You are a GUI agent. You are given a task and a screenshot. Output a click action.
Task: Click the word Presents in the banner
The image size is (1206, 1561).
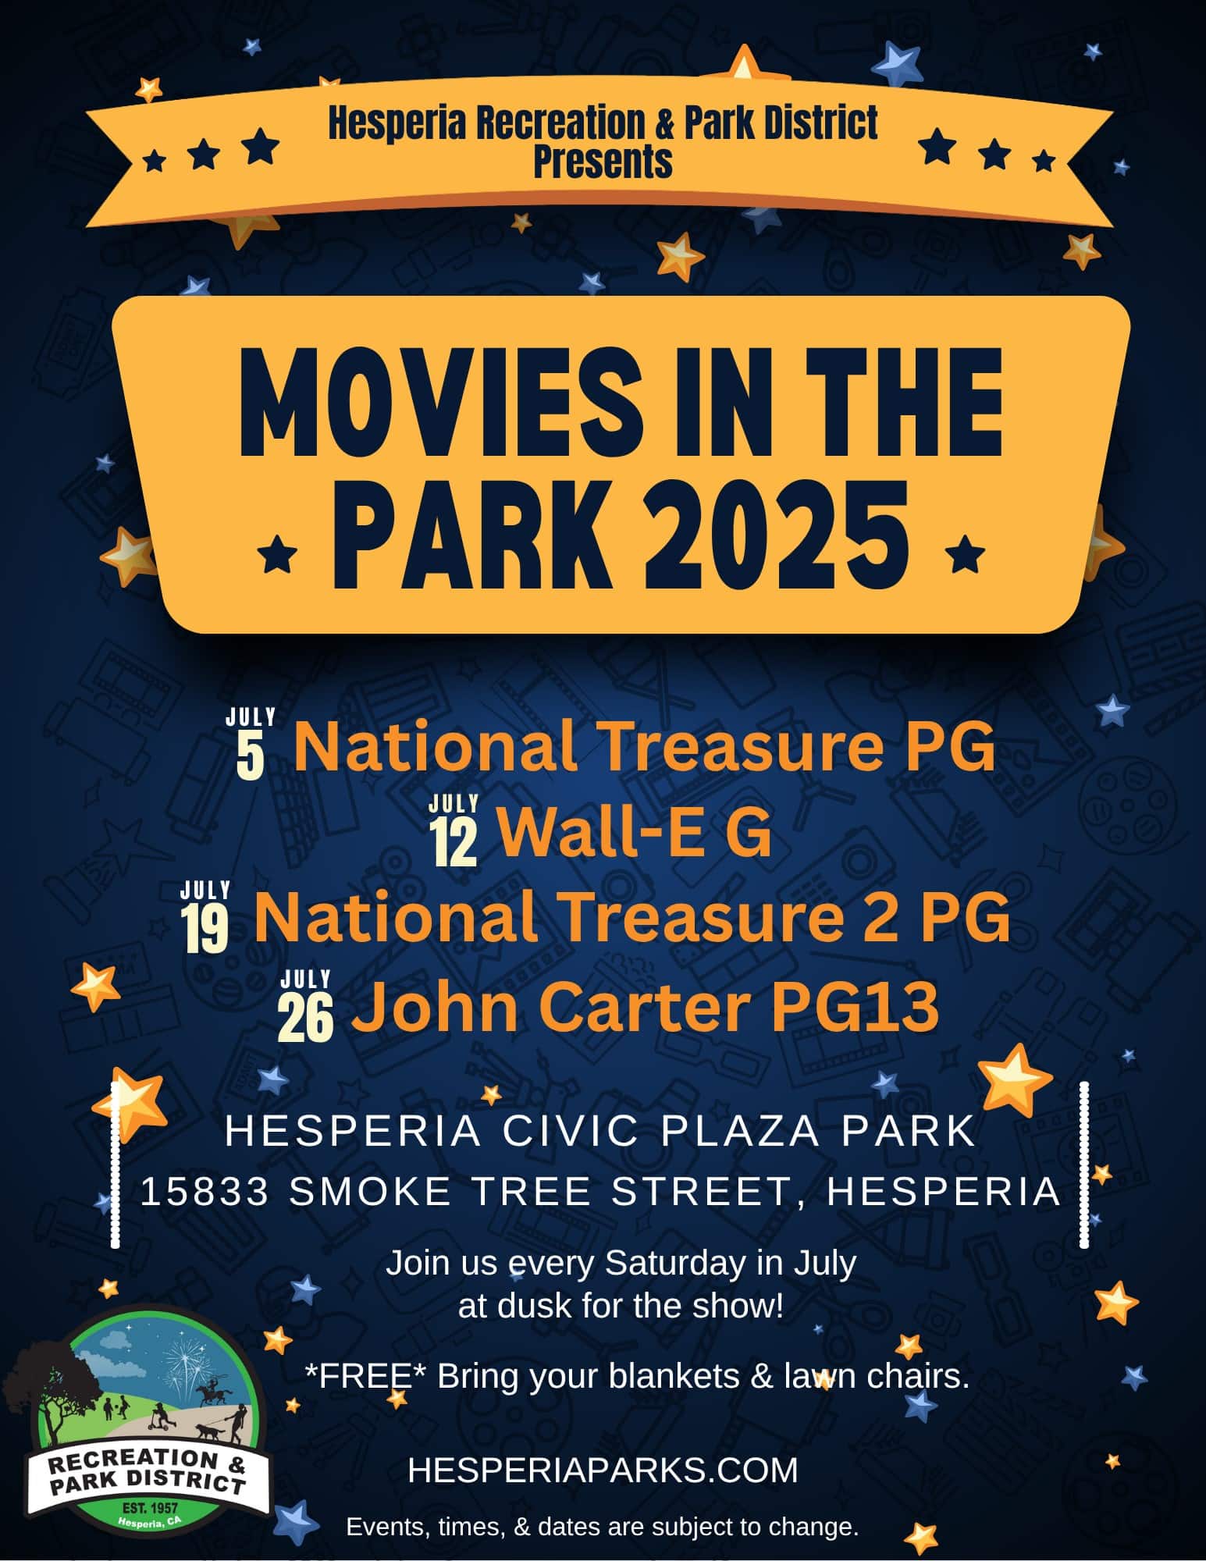603,162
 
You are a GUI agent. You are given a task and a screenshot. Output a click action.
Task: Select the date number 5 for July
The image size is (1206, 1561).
250,756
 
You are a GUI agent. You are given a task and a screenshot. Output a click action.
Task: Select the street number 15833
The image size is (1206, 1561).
205,1192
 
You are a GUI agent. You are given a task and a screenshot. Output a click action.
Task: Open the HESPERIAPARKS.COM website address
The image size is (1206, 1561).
603,1470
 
